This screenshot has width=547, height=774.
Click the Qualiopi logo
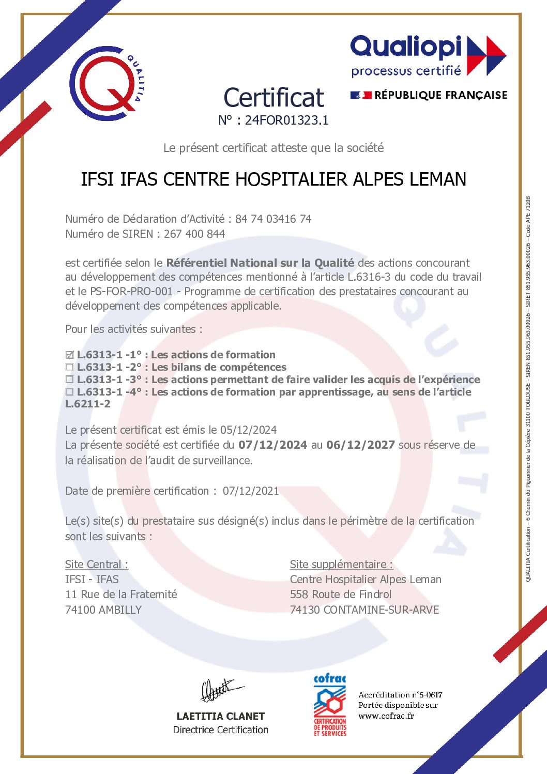[x=428, y=56]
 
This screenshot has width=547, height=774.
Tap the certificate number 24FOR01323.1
[x=286, y=120]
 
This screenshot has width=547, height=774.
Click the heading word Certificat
[x=273, y=98]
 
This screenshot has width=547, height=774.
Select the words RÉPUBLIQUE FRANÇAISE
[x=440, y=95]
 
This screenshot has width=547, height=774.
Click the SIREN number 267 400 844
[x=194, y=234]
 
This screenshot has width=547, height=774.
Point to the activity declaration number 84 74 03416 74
[x=273, y=219]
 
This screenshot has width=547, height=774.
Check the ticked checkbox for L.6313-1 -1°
[x=70, y=355]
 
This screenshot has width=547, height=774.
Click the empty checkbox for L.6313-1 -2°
[x=70, y=368]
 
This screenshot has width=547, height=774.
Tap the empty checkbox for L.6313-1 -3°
[x=70, y=380]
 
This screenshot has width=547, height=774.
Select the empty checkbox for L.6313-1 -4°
[x=70, y=392]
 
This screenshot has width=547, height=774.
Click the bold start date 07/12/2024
[x=272, y=445]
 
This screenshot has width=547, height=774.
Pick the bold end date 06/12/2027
[x=360, y=445]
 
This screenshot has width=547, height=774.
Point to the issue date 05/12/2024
[x=248, y=430]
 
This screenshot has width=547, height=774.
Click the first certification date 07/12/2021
[x=251, y=491]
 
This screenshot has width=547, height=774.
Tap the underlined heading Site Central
[x=97, y=564]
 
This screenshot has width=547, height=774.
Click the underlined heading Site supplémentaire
[x=341, y=564]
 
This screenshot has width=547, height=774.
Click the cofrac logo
[x=330, y=705]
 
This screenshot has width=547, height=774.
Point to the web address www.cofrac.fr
[x=386, y=716]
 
